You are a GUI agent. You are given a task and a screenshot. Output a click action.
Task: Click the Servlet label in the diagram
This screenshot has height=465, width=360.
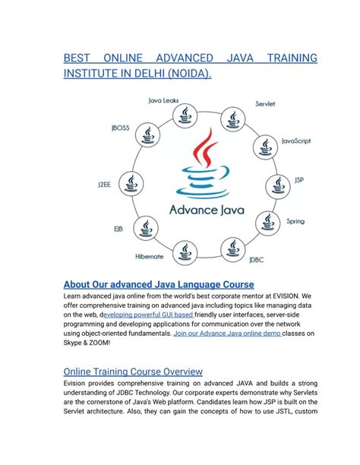coord(265,103)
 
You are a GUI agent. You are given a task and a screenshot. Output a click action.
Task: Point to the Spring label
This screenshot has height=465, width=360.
coord(295,221)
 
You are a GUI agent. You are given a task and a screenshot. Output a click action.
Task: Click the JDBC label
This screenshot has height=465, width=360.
coord(257,260)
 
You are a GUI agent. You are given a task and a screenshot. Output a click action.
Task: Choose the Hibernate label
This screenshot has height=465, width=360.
coord(150,256)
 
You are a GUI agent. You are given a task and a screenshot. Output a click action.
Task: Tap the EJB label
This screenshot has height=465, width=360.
coord(119,228)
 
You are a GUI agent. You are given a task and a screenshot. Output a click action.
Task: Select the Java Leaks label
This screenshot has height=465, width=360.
coord(165,100)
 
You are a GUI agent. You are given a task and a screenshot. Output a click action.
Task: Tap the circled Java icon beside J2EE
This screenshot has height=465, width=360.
coord(133,184)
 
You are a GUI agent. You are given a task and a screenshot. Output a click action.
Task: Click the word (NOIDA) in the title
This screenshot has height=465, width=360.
coord(185,74)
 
